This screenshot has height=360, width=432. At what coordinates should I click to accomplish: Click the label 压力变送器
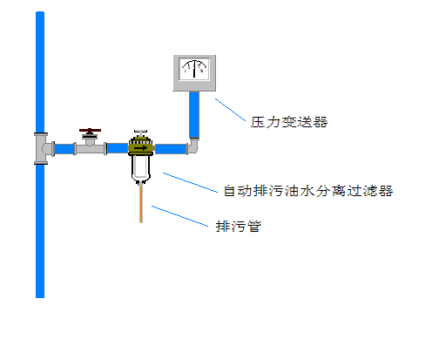(x=289, y=122)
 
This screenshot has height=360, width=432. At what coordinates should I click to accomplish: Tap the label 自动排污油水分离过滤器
(x=308, y=191)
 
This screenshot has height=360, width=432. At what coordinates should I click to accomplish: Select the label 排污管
(x=239, y=227)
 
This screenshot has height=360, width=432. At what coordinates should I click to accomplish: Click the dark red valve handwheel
(x=90, y=131)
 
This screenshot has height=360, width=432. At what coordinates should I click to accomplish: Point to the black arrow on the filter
(x=141, y=148)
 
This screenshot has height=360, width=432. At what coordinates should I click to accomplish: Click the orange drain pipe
(x=141, y=204)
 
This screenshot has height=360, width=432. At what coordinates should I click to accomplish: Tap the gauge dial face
(x=194, y=69)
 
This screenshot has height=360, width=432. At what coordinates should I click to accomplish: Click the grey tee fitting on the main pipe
(x=43, y=148)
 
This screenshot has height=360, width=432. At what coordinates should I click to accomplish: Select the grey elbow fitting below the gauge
(x=193, y=146)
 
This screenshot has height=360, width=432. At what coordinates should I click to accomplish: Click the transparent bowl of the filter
(x=141, y=168)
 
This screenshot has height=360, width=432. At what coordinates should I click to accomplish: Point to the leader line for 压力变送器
(x=230, y=110)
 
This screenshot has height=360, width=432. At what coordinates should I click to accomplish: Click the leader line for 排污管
(x=179, y=216)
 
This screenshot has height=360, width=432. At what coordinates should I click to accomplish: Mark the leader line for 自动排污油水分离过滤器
(x=190, y=182)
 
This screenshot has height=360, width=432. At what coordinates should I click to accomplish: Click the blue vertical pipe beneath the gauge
(x=194, y=115)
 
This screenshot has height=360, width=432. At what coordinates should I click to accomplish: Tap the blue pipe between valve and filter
(x=118, y=148)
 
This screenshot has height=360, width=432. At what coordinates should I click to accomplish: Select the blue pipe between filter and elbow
(x=171, y=149)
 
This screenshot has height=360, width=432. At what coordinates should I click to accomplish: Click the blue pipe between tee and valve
(x=64, y=149)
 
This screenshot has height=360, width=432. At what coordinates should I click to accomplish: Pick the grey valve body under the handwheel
(x=90, y=145)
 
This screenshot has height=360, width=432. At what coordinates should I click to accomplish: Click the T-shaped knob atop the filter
(x=140, y=133)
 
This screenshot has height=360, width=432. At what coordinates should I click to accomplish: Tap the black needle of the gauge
(x=194, y=69)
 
